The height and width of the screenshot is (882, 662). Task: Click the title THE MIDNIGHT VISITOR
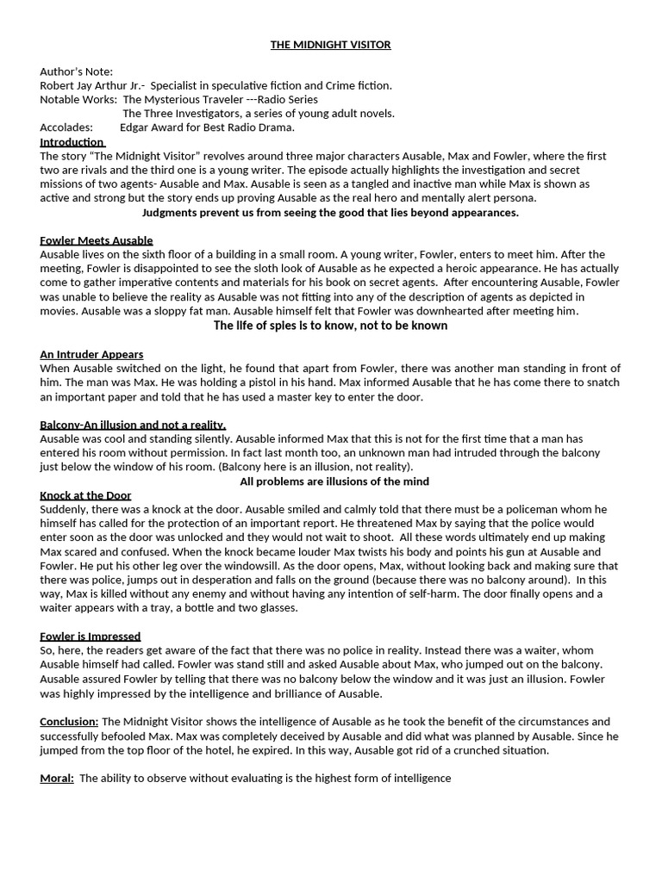coord(331,44)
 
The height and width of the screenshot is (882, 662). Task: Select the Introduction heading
coord(72,141)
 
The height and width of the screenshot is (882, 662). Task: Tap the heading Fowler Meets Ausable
coord(97,240)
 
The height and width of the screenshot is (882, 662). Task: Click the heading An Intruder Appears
coord(91,354)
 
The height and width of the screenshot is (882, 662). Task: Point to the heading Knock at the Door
coord(85,495)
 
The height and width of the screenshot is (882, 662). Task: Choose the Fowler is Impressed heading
coord(90,637)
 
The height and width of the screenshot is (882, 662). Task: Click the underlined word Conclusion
coord(69,722)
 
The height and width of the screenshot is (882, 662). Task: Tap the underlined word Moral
coord(58,778)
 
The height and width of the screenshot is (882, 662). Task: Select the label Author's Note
coord(76,71)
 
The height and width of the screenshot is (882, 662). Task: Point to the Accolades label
coord(66,127)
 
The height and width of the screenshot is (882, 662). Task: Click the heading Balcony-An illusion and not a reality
coord(133,425)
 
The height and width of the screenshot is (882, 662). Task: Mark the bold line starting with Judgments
coord(330,212)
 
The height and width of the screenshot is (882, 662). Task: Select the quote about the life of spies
coord(330,326)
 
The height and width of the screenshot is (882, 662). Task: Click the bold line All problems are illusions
coord(334,481)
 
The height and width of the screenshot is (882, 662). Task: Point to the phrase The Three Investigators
coord(181,113)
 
